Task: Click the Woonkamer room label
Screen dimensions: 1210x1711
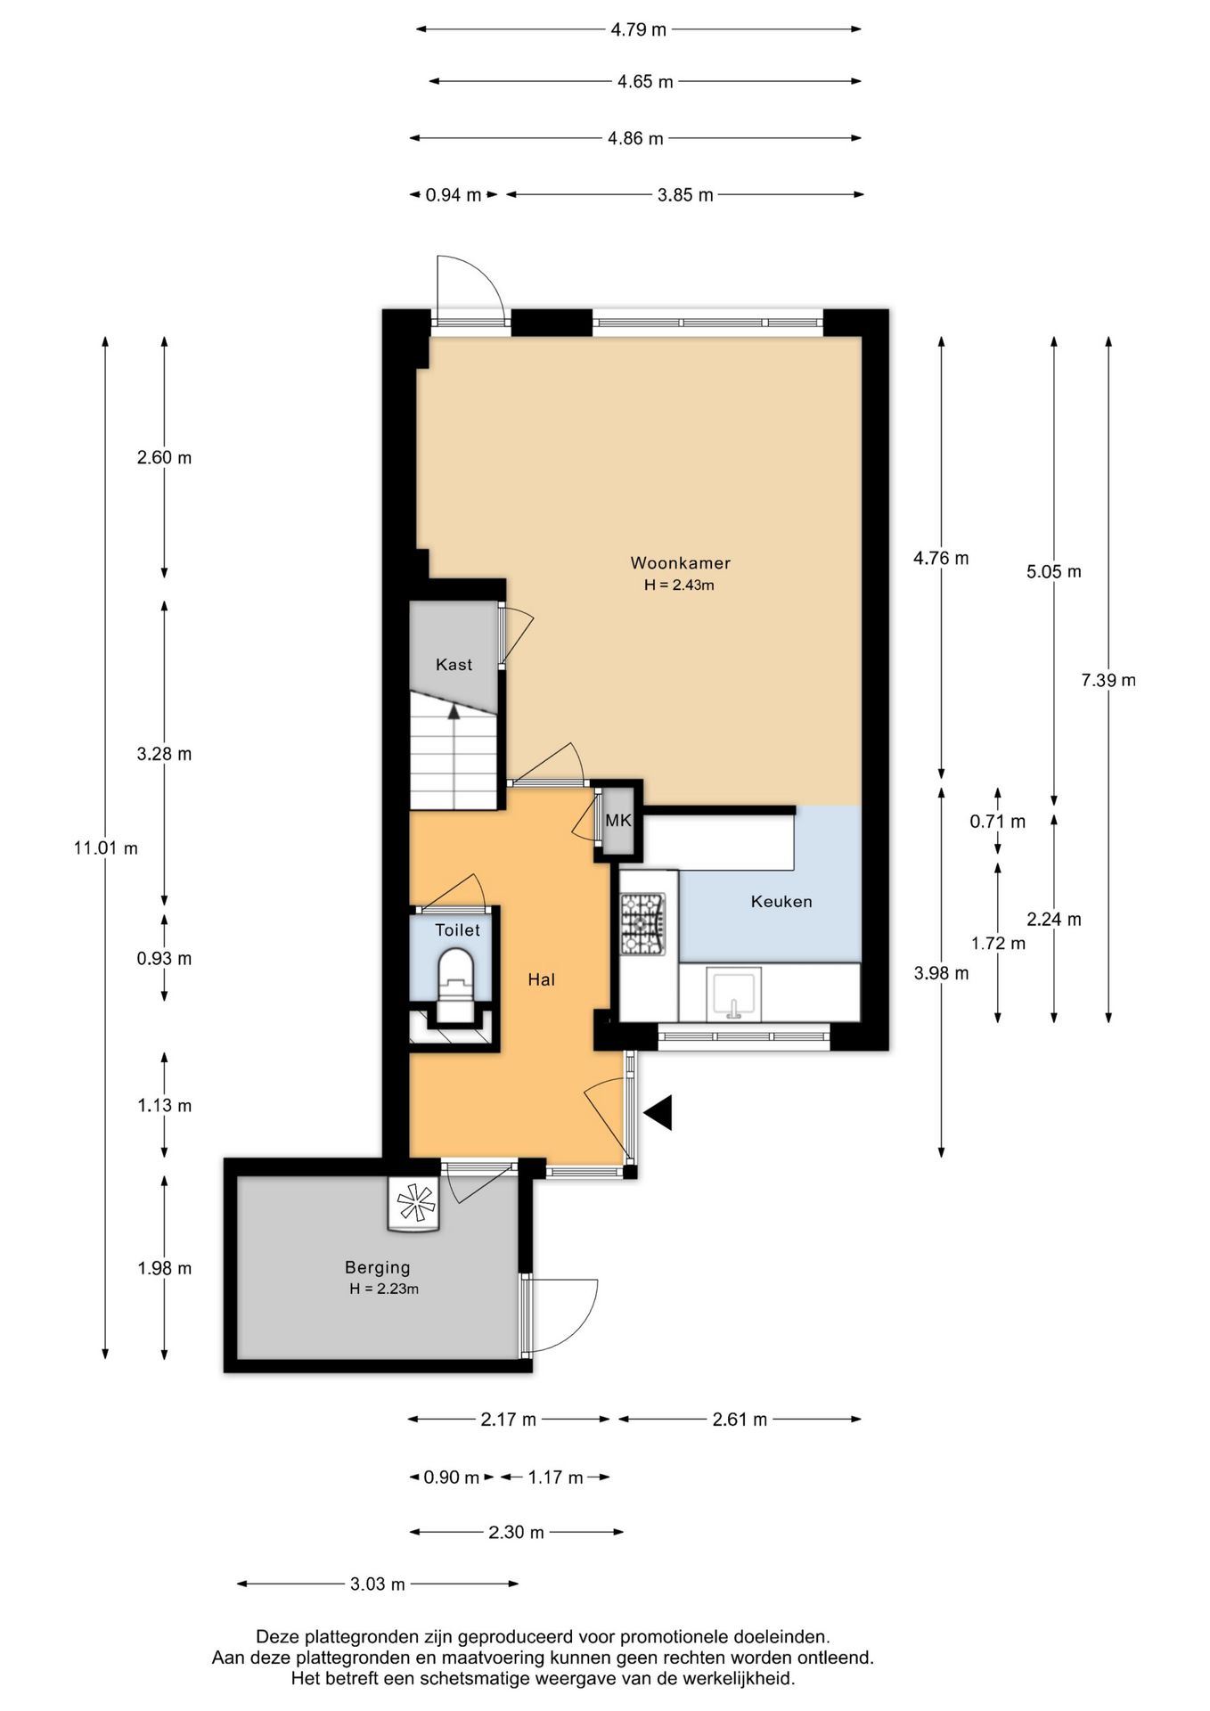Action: tap(680, 562)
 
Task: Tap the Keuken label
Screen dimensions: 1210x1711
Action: tap(781, 901)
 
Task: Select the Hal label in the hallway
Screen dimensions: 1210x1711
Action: tap(541, 979)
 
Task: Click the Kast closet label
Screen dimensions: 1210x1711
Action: tap(454, 664)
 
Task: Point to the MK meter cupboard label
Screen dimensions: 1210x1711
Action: tap(618, 820)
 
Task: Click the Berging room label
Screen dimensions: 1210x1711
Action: tap(378, 1267)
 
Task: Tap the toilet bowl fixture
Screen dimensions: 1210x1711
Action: tap(456, 985)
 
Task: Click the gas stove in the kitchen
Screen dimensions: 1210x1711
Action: tap(642, 924)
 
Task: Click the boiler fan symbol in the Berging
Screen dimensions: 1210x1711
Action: tap(415, 1204)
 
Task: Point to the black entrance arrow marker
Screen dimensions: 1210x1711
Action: tap(658, 1112)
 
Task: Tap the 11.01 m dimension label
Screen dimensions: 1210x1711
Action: tap(105, 847)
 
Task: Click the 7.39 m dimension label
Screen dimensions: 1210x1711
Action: tap(1108, 680)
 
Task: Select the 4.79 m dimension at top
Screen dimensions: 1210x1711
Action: tap(638, 29)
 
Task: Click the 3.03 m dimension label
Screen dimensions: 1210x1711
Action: tap(377, 1584)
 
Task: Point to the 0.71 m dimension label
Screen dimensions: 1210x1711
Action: tap(997, 822)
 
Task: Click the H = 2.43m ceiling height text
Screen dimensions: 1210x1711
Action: tap(679, 585)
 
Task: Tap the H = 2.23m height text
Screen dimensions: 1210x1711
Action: tap(384, 1289)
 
